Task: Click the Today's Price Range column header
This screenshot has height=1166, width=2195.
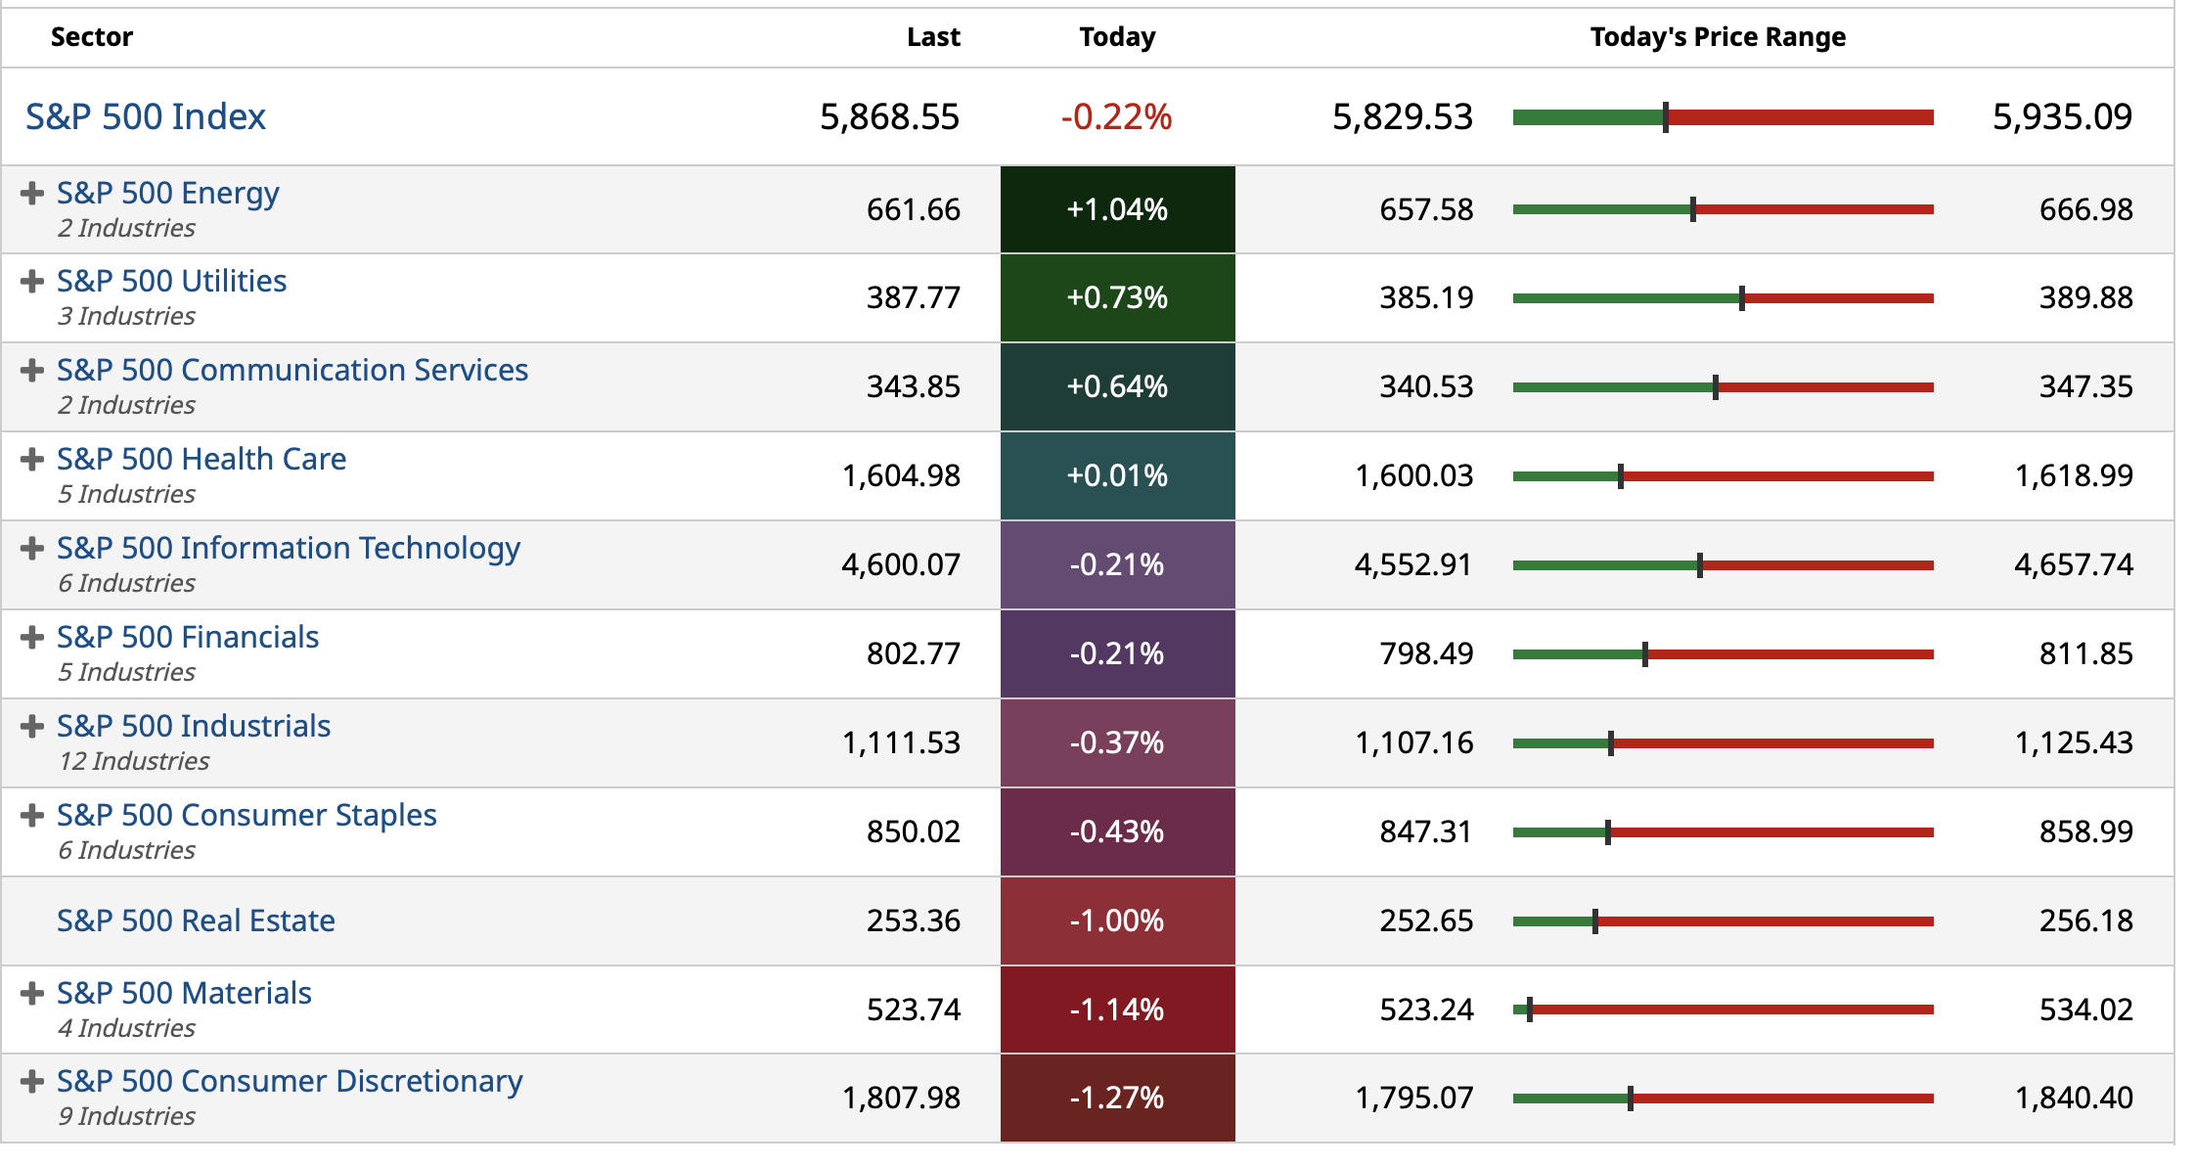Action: [1717, 37]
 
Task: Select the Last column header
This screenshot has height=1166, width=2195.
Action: [932, 37]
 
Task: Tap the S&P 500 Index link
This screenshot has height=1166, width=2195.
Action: [146, 116]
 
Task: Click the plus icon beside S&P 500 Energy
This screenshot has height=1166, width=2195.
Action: [32, 193]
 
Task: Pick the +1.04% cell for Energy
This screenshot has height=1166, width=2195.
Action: [1117, 209]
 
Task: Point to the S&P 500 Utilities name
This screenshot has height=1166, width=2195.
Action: [171, 281]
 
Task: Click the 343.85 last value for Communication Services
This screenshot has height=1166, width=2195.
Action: [913, 386]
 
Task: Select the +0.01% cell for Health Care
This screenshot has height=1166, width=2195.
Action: [1117, 475]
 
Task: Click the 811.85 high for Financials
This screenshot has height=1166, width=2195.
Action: [2085, 653]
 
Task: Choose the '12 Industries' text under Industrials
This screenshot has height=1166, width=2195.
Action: [134, 761]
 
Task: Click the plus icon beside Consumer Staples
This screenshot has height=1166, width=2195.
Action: [32, 815]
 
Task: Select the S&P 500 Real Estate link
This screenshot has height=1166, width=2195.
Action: [196, 920]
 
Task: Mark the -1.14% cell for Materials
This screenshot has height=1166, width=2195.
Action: [1117, 1009]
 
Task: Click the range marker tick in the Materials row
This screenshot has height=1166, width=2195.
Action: [1530, 1009]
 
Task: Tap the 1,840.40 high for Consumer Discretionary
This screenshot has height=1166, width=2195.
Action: [2074, 1098]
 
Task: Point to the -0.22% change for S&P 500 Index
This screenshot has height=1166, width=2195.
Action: [1116, 117]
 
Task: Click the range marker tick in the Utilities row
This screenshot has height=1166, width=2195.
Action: [1742, 298]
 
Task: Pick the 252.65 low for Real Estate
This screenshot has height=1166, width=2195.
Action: [1426, 920]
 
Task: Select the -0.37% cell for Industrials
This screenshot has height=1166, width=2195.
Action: [1117, 742]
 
